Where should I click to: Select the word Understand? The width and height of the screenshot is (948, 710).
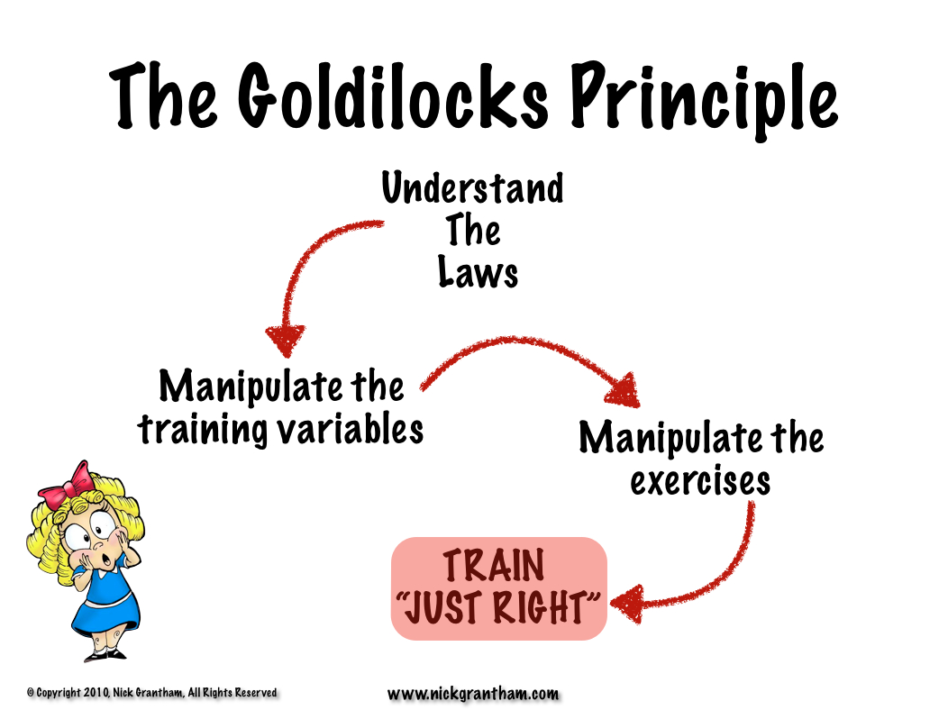(472, 190)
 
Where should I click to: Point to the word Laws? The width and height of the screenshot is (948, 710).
(479, 272)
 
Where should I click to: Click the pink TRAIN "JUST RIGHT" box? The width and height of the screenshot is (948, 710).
(499, 588)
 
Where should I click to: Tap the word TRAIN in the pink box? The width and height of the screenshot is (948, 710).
(494, 567)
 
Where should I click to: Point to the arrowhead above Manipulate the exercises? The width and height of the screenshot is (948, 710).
(623, 390)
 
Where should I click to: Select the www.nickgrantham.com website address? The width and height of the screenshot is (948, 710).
(473, 693)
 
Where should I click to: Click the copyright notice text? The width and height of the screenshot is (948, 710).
(151, 692)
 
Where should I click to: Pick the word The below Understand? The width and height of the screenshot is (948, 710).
(473, 232)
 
